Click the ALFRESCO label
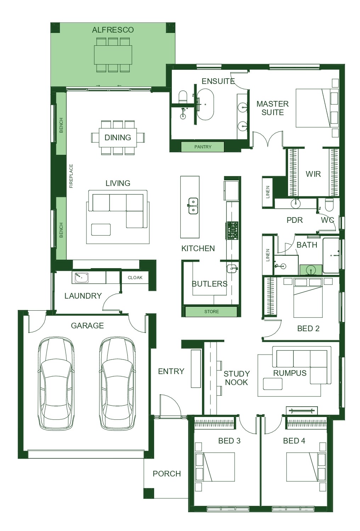tap(113, 30)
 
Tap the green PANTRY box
tap(203, 147)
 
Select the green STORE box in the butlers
tap(211, 311)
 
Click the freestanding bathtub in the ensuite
tap(206, 104)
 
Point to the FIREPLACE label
tap(71, 176)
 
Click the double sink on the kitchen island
tap(193, 206)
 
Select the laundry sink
tap(81, 278)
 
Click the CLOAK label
tap(135, 278)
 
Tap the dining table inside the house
tap(118, 138)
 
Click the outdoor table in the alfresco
tap(113, 55)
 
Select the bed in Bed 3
tap(215, 467)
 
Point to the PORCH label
tap(167, 474)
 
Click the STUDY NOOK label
tap(236, 378)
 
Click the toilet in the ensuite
tap(183, 97)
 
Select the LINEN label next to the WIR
tap(268, 192)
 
